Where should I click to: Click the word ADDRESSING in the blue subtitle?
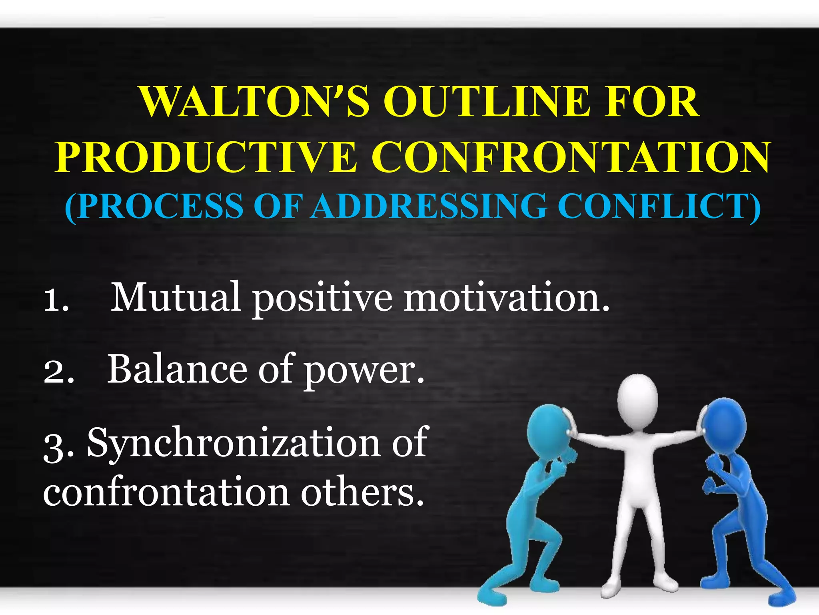click(429, 206)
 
